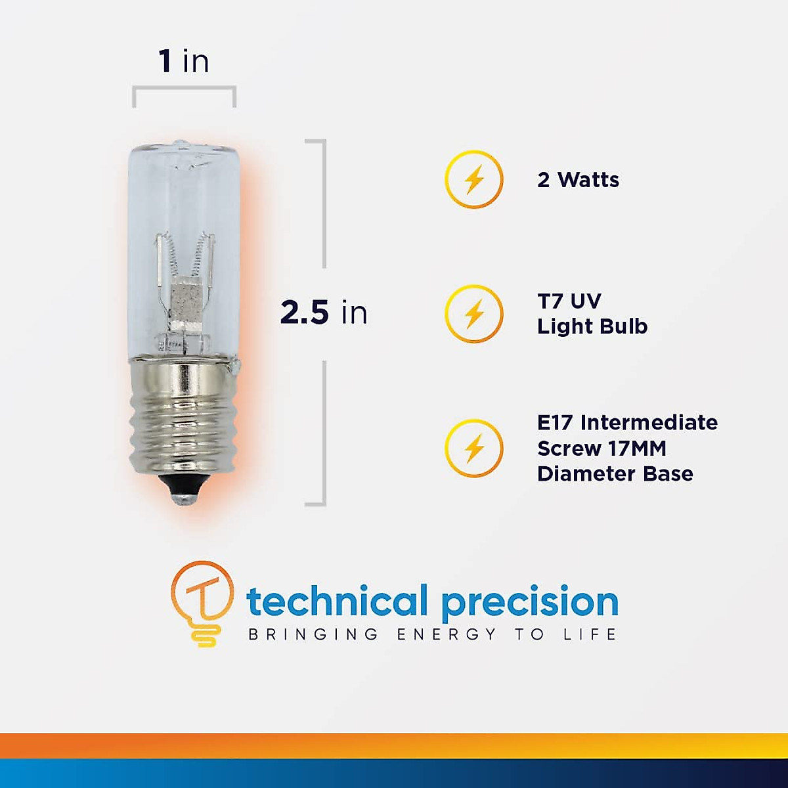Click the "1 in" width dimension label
coord(184,61)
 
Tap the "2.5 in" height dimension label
coord(324,313)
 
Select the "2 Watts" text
coord(578,180)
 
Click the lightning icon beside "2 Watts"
coord(474,180)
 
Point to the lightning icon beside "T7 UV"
coord(474,314)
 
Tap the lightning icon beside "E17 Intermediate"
coord(474,449)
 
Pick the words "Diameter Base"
coord(615,474)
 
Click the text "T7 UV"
coord(569,301)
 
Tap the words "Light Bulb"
coord(592,326)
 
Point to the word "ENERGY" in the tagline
coord(447,634)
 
